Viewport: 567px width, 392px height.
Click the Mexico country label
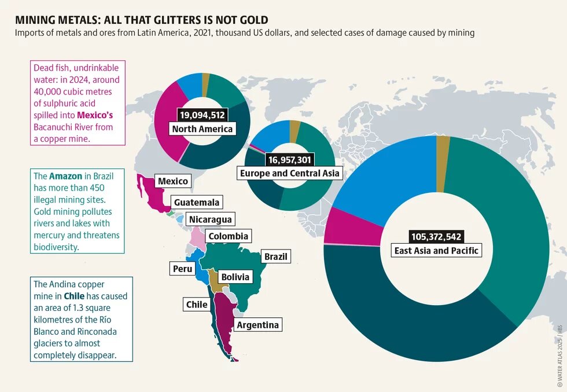tap(174, 181)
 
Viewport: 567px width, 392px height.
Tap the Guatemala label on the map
tap(197, 202)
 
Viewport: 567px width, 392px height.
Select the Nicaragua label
tap(210, 219)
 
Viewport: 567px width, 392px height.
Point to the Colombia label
tap(228, 236)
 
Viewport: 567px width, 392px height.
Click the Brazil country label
tap(275, 256)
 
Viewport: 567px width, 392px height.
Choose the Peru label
tap(182, 269)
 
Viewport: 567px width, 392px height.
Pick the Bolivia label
tap(235, 277)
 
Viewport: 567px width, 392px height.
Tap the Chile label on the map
tap(197, 304)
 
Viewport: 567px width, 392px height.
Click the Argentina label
tap(257, 324)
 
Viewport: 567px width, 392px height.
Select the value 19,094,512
tap(203, 115)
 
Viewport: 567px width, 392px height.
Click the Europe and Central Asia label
tap(289, 173)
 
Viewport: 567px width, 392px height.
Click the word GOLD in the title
tap(253, 20)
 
